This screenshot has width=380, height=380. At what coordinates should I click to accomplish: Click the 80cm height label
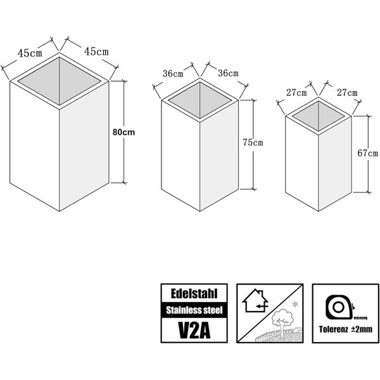123,132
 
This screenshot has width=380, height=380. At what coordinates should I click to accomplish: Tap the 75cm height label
253,142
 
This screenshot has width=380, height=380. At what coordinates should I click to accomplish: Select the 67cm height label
367,153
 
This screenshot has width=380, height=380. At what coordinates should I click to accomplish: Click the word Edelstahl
194,293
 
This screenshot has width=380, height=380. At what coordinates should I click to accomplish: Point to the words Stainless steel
194,310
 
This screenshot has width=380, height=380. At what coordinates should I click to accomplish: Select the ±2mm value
362,329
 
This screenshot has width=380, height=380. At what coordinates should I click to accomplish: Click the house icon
256,300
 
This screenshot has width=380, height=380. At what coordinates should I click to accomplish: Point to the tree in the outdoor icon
282,321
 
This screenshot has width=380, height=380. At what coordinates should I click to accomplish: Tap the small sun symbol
295,304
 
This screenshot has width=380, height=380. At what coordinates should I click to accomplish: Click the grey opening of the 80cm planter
60,81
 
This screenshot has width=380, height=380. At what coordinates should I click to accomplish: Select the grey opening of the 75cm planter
200,100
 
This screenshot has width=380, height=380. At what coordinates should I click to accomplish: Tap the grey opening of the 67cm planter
318,116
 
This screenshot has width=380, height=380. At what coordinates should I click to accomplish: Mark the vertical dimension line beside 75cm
253,144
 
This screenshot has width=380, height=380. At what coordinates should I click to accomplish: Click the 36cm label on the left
173,73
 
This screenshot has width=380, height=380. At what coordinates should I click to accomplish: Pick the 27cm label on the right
347,92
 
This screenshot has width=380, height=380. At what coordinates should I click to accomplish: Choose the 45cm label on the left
30,53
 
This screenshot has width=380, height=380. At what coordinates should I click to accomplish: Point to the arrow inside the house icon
262,306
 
